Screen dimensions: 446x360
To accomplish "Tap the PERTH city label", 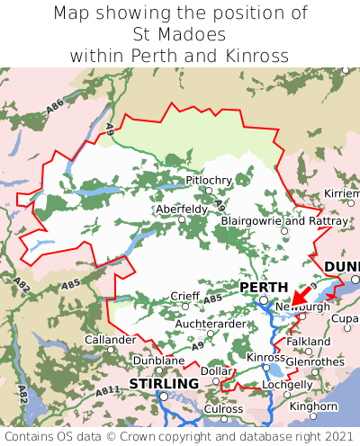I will (264, 287).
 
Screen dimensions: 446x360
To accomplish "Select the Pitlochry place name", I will (209, 181).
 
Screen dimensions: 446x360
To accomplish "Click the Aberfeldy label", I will (182, 209).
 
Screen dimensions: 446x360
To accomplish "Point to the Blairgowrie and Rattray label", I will (284, 220).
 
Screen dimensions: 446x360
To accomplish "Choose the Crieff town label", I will (186, 296).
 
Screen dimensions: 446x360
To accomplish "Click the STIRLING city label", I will (164, 384).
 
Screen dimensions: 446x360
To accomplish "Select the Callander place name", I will (110, 340).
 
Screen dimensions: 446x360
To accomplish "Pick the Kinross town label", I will (265, 357).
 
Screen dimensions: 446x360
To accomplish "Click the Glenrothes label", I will (315, 361).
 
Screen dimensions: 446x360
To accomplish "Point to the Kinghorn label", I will (313, 406).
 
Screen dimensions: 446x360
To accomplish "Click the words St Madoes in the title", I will (180, 34).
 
